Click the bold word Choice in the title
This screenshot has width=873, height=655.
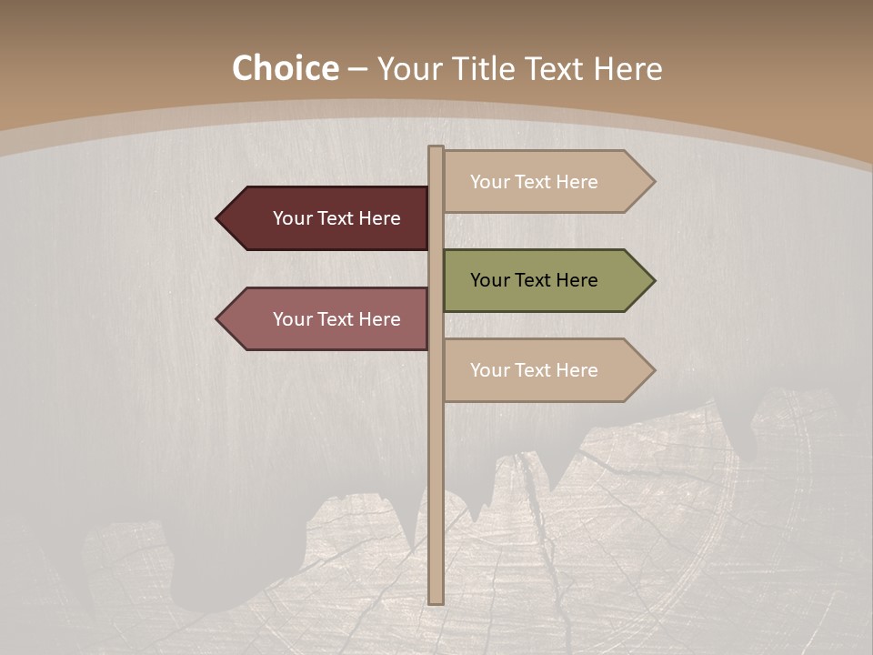(x=285, y=69)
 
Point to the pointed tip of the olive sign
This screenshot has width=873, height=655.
(x=652, y=280)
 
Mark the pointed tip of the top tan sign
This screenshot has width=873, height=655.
(x=652, y=182)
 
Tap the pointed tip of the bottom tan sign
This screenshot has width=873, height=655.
(x=652, y=370)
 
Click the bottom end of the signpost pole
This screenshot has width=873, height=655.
(x=436, y=600)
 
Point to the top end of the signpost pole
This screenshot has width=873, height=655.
(x=436, y=149)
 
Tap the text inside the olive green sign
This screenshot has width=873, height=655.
(x=534, y=280)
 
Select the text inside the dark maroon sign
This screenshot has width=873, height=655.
(x=336, y=218)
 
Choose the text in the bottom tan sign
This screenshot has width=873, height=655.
(x=534, y=370)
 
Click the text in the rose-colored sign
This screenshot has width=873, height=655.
(x=336, y=319)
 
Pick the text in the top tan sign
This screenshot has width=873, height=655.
(x=534, y=182)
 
